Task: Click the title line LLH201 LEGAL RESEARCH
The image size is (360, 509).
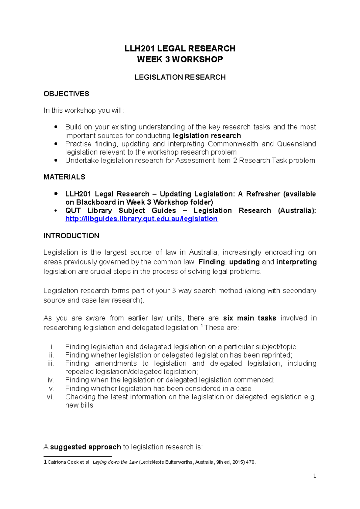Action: [x=180, y=49]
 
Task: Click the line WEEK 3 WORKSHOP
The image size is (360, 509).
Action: [x=180, y=59]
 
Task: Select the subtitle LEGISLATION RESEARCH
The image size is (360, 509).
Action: [x=180, y=77]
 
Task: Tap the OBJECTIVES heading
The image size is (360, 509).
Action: [x=66, y=94]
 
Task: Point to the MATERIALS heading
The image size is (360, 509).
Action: [x=64, y=177]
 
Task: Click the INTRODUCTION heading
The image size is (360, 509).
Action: [x=71, y=236]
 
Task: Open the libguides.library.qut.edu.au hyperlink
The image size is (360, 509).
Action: [x=141, y=219]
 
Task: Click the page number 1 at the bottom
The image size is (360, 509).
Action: [x=314, y=476]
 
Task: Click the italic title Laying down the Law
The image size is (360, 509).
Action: [x=115, y=462]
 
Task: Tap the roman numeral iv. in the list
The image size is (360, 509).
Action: [x=51, y=380]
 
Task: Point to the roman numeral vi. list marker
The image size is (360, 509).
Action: [x=50, y=397]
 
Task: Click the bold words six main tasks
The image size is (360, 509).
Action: [x=249, y=318]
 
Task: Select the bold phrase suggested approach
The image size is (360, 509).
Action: [x=85, y=447]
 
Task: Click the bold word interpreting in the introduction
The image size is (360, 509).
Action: [x=296, y=262]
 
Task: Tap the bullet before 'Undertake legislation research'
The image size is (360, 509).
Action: [x=56, y=160]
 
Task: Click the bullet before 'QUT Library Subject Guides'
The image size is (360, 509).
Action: [x=56, y=211]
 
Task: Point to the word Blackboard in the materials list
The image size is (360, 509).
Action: [x=96, y=202]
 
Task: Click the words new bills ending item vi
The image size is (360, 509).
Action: [x=79, y=405]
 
